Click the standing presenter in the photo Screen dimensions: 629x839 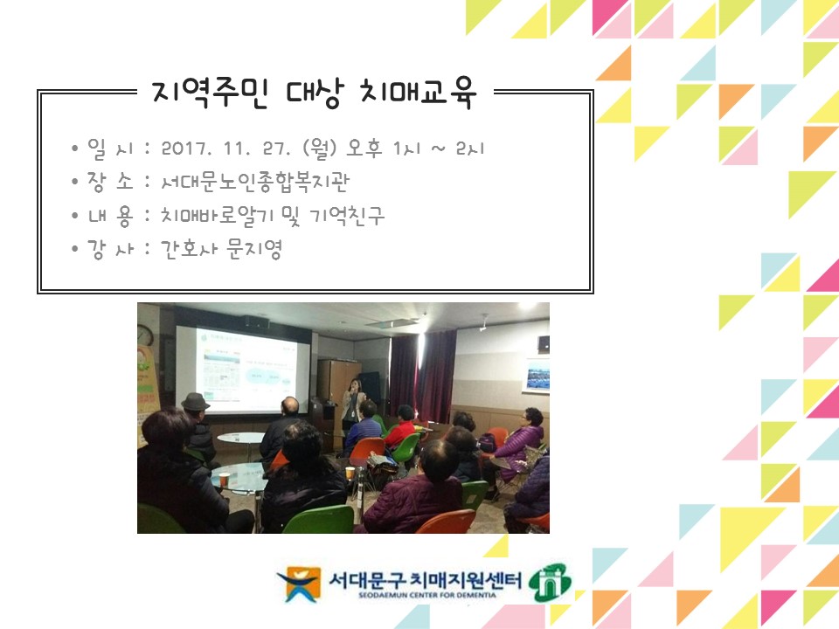(x=351, y=403)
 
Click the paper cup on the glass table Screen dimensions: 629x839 (x=224, y=479)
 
